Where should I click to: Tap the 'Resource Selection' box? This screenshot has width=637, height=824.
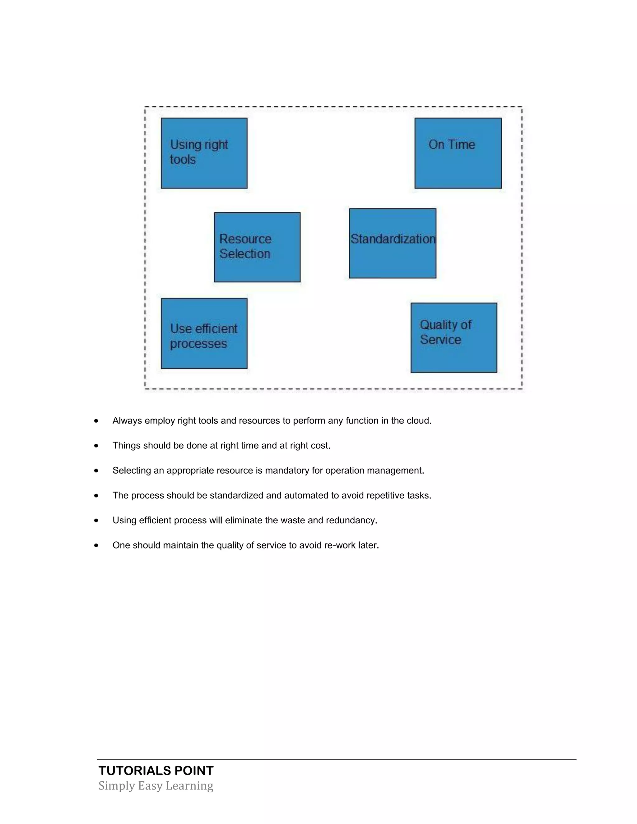(257, 247)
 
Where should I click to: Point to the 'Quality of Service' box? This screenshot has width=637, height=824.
(453, 337)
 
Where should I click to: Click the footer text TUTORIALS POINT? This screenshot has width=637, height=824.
(156, 771)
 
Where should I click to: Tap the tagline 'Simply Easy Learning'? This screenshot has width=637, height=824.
(156, 785)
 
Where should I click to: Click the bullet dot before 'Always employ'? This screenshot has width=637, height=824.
(96, 421)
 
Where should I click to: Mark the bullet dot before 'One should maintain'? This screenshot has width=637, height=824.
(96, 545)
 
